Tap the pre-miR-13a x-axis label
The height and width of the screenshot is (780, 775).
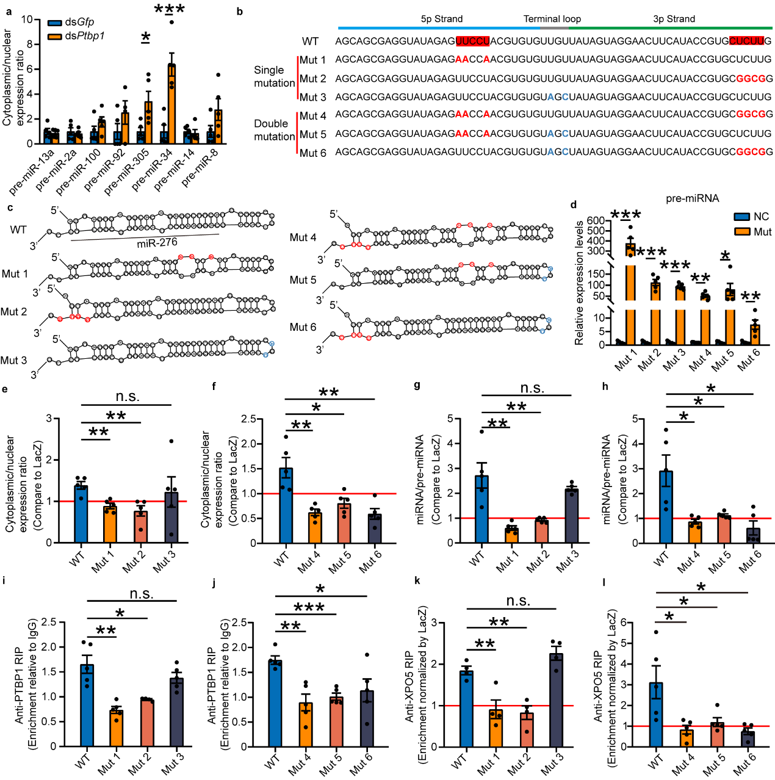tap(34, 171)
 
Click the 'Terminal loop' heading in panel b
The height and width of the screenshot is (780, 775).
tap(552, 19)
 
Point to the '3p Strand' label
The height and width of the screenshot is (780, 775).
tap(674, 19)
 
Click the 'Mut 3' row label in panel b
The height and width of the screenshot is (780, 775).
tap(312, 97)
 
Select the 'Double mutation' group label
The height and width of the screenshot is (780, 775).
tap(274, 130)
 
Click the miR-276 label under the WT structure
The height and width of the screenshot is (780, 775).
tap(157, 243)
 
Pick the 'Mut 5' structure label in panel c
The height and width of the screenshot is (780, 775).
tap(303, 280)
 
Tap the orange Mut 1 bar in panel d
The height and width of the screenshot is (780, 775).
tap(630, 294)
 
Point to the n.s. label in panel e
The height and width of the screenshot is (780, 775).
tap(128, 397)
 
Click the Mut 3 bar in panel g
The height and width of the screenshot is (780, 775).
tap(571, 516)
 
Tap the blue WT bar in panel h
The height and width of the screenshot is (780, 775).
tap(666, 507)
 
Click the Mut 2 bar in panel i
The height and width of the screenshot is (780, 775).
tap(146, 723)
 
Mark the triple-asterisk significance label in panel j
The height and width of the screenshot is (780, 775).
tap(309, 607)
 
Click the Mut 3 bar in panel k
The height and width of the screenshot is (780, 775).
tap(555, 700)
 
